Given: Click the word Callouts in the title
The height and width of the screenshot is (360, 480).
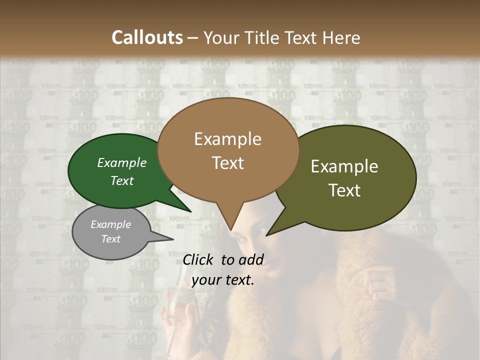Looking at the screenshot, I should click(147, 37).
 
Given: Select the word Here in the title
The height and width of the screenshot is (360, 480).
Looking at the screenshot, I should click(341, 37).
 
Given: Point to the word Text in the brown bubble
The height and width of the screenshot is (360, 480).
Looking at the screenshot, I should click(227, 162).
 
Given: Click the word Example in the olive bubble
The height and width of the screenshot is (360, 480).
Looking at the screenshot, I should click(344, 166).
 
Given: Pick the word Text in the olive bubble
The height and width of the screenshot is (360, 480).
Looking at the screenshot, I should click(344, 190).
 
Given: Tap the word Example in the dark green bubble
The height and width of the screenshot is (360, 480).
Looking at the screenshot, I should click(122, 162).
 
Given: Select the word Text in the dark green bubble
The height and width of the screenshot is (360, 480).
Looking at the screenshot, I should click(122, 180).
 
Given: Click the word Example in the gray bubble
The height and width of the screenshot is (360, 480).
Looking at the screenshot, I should click(111, 224).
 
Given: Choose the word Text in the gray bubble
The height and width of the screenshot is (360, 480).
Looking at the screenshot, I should click(111, 239).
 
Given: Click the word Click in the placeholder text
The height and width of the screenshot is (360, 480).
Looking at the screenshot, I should click(198, 259).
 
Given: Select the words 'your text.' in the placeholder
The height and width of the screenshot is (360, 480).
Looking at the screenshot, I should click(223, 280).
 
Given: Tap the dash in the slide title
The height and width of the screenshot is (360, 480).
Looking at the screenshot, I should click(194, 37).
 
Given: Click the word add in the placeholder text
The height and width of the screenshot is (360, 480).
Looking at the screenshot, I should click(251, 259).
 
